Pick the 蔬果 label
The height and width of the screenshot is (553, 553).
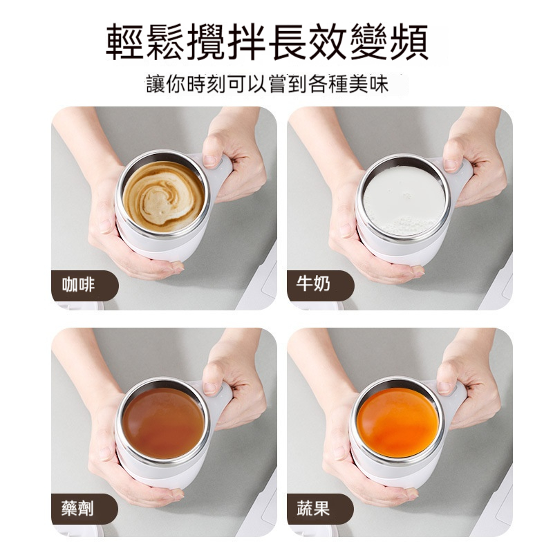coord(315,509)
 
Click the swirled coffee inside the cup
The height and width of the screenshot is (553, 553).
coord(163,196)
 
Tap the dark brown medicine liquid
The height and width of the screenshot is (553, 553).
coord(163,422)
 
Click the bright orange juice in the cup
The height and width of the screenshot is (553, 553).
coord(398,422)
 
